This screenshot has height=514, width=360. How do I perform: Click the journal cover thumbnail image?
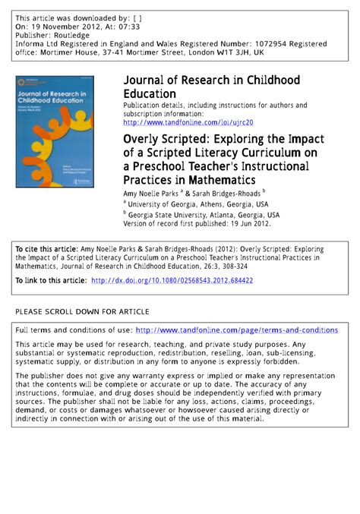(x=55, y=131)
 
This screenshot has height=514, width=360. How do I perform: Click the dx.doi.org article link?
(x=172, y=281)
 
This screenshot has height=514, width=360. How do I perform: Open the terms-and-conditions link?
(x=236, y=330)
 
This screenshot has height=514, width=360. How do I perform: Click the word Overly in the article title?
(x=144, y=140)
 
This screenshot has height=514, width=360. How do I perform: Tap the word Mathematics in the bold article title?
(x=219, y=180)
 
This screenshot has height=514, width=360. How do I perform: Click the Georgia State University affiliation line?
(x=204, y=215)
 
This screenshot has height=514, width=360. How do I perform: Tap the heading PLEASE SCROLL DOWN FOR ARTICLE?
(x=83, y=311)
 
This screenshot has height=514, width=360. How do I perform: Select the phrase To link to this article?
(x=50, y=281)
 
